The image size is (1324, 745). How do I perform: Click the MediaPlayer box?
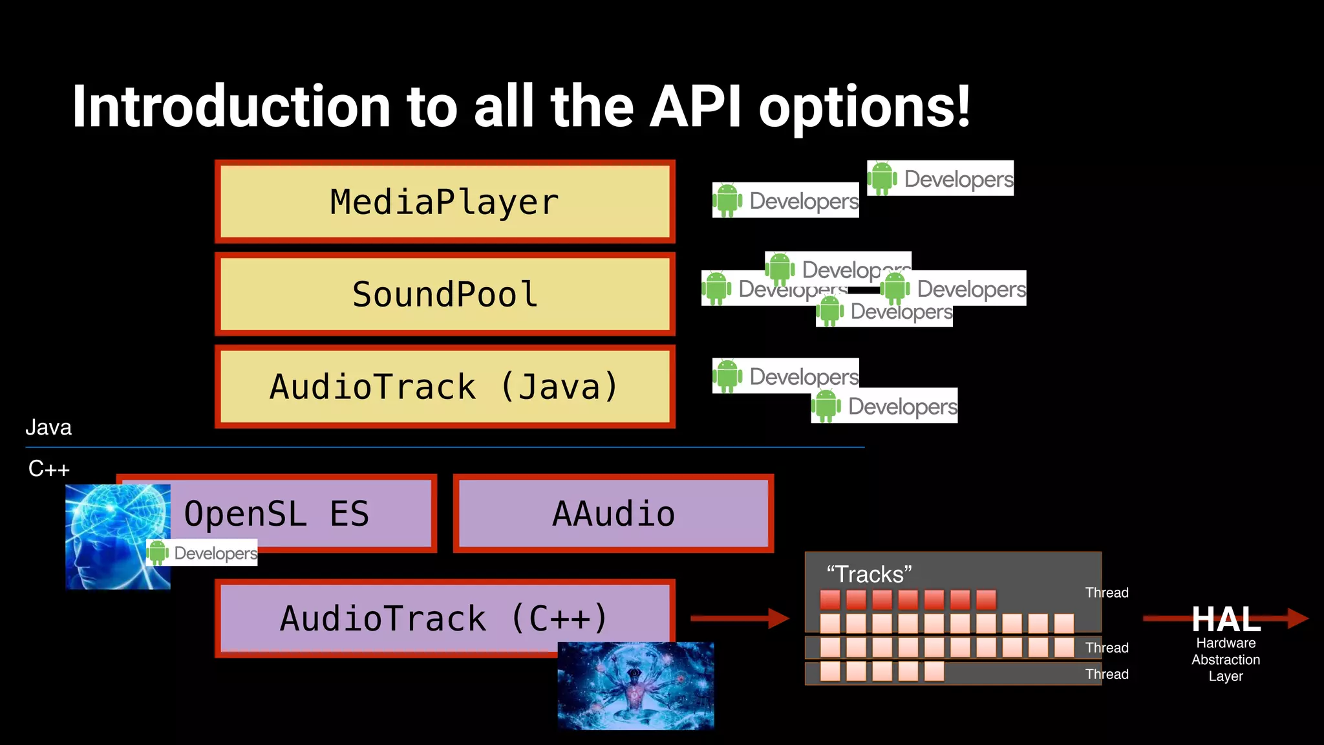(445, 202)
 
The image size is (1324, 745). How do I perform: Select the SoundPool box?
(445, 294)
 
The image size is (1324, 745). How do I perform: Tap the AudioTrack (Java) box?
(445, 387)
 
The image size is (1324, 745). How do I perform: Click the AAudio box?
(614, 513)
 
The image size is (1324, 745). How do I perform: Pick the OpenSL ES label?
(277, 514)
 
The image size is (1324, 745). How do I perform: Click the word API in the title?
(695, 107)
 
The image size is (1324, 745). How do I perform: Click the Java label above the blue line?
(48, 427)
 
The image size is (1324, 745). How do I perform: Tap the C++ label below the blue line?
(48, 468)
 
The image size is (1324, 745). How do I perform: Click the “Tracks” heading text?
(869, 574)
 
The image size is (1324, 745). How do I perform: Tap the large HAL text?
(1226, 619)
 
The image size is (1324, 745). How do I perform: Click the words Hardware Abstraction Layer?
(1226, 660)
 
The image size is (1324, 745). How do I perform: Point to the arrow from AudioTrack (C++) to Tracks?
(740, 618)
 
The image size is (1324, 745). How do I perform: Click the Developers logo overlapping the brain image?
(202, 553)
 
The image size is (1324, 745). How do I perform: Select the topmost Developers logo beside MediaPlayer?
(941, 178)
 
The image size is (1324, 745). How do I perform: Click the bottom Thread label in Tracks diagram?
(1107, 674)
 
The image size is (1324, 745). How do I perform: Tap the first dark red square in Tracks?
(829, 599)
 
